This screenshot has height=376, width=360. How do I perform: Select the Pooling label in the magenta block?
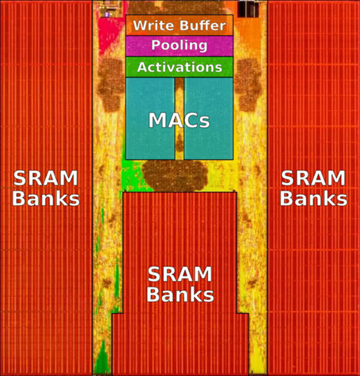click(179, 45)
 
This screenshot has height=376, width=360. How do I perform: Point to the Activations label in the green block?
click(179, 67)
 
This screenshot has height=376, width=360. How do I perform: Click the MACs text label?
click(179, 120)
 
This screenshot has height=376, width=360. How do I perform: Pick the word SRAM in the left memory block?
click(45, 178)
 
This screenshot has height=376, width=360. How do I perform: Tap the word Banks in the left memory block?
click(46, 198)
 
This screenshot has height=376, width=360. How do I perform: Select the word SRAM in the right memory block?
click(313, 178)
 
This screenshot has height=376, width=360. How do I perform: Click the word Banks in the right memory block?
click(314, 198)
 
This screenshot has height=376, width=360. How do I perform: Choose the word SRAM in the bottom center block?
click(180, 275)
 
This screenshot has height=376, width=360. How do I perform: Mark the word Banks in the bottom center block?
click(180, 294)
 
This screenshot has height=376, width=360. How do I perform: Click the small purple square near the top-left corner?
click(107, 14)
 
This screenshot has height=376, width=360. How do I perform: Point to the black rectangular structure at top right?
click(248, 9)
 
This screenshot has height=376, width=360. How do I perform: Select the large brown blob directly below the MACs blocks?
click(175, 175)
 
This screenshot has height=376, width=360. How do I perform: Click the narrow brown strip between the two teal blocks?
click(179, 119)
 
